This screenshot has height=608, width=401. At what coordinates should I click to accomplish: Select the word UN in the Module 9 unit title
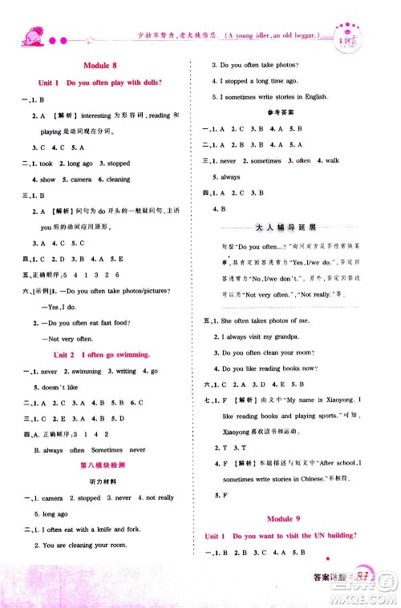[x=310, y=534]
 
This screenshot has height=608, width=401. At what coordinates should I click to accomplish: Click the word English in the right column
[x=316, y=97]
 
